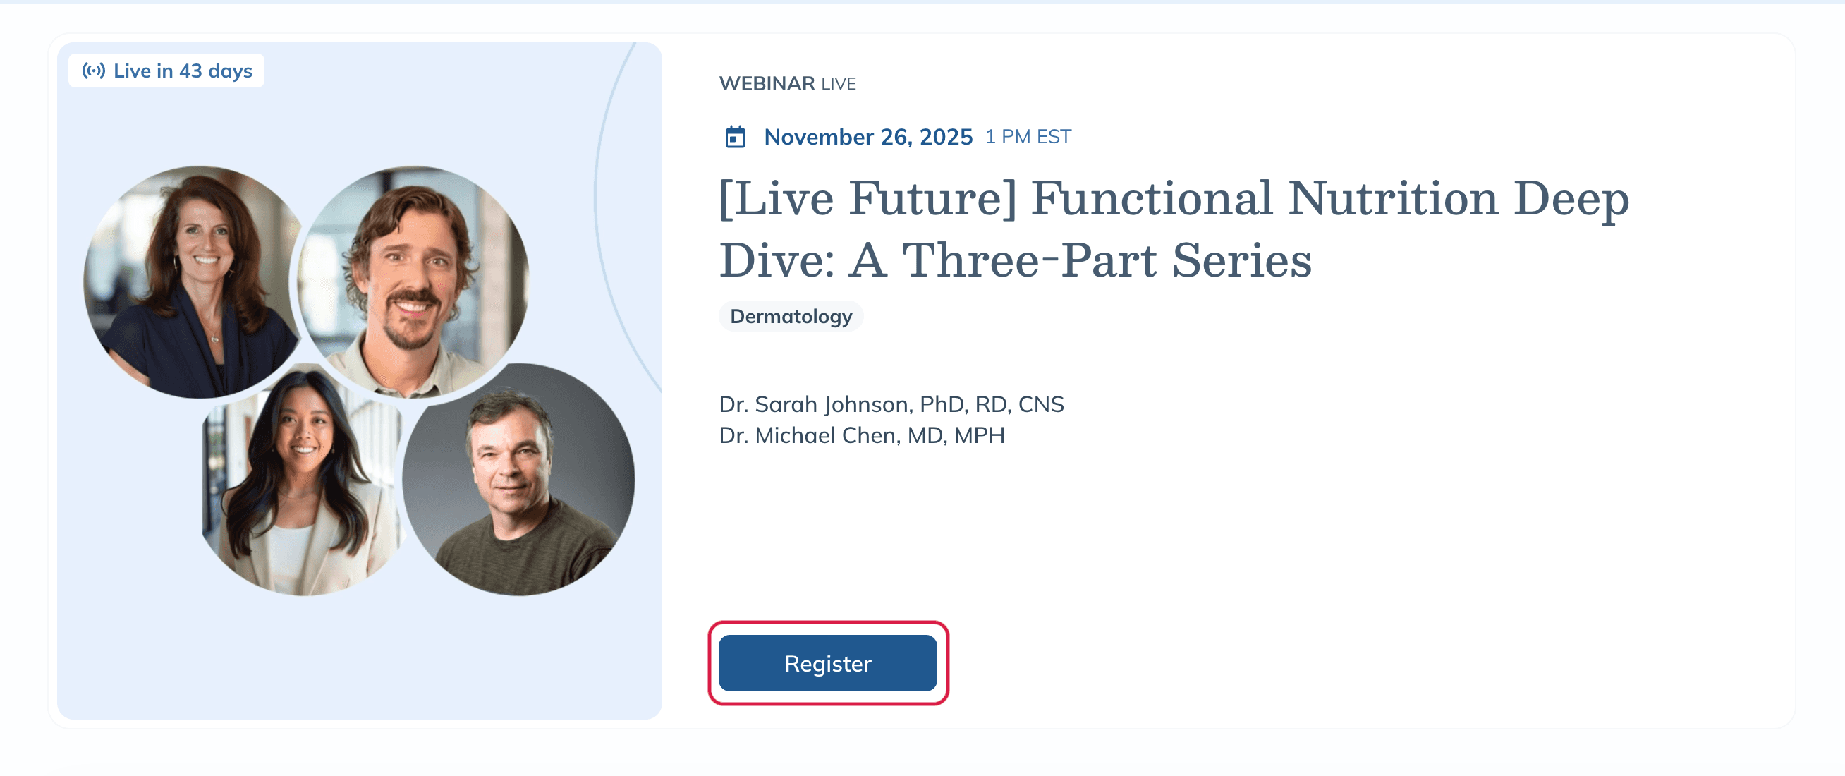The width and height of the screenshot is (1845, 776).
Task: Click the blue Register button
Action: [827, 663]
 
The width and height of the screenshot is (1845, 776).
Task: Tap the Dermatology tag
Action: [791, 316]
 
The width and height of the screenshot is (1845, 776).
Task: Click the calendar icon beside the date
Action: [735, 136]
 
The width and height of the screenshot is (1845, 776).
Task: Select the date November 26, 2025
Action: [868, 136]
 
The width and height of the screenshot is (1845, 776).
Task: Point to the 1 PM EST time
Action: [1028, 136]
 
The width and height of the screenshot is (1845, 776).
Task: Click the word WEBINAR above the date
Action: [767, 83]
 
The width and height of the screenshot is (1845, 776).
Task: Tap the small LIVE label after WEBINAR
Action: [838, 84]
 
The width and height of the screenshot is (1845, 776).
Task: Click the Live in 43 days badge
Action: [166, 71]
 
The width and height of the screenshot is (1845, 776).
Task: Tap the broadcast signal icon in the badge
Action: [94, 71]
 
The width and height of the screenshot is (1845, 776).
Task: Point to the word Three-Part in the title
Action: [1029, 260]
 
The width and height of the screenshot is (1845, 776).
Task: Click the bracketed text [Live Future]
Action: [868, 198]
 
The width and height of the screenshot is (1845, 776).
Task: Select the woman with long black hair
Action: [302, 480]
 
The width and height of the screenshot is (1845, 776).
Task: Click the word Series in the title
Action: [1242, 260]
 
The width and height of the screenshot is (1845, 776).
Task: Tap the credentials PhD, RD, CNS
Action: [992, 404]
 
